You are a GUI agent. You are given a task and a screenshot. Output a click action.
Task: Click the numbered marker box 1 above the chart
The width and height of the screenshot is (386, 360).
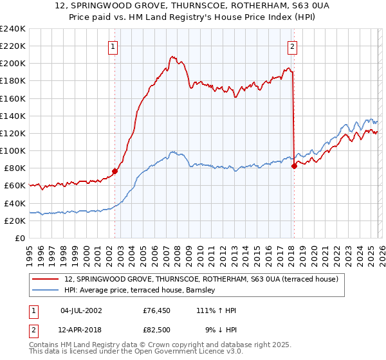pyautogui.click(x=113, y=46)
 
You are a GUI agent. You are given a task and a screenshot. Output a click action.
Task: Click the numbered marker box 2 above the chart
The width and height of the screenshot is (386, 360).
pyautogui.click(x=292, y=46)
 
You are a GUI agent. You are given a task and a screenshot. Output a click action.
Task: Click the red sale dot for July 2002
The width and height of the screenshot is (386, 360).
pyautogui.click(x=115, y=171)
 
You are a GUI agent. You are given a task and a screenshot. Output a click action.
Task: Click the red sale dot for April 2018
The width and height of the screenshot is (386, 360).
pyautogui.click(x=294, y=166)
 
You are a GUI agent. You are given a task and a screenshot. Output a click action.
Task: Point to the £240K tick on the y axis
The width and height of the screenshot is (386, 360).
pyautogui.click(x=13, y=29)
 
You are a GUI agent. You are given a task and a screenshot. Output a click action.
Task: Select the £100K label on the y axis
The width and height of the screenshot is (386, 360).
pyautogui.click(x=13, y=150)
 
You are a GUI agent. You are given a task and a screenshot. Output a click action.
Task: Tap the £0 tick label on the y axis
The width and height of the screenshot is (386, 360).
pyautogui.click(x=21, y=238)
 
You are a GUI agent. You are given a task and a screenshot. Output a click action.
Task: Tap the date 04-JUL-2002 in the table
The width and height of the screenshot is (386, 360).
pyautogui.click(x=81, y=310)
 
